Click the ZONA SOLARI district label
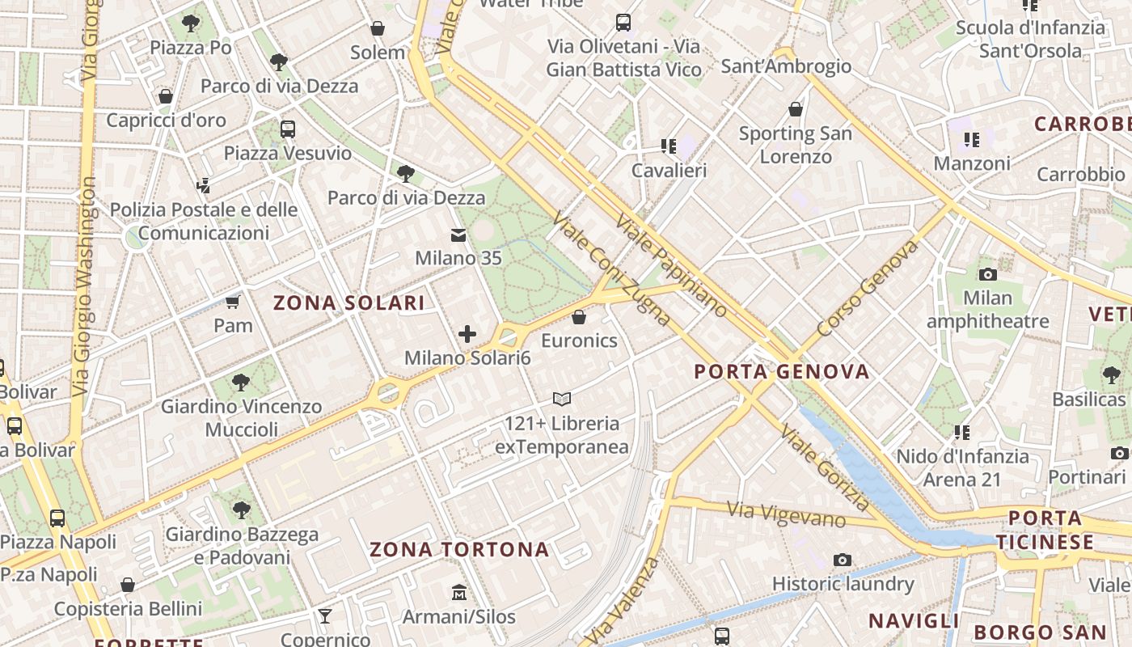tap(348, 303)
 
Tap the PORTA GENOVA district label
tap(782, 372)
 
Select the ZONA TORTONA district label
tap(459, 550)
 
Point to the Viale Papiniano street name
tap(671, 265)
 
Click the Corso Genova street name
tap(868, 289)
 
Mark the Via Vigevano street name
tap(786, 514)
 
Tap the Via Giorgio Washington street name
tap(83, 287)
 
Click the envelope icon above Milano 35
tap(458, 235)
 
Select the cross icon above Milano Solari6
tap(467, 334)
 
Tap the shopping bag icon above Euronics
tap(579, 317)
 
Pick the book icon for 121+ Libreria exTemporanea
tap(562, 399)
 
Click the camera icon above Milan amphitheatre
tap(987, 274)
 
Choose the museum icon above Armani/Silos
tap(459, 593)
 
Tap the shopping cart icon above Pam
tap(233, 302)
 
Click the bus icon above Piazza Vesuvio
tap(288, 129)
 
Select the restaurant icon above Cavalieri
tap(669, 146)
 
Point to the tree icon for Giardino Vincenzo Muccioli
tap(240, 383)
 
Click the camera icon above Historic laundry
tap(843, 560)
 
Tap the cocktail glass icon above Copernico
tap(325, 616)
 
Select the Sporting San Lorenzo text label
tap(796, 145)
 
